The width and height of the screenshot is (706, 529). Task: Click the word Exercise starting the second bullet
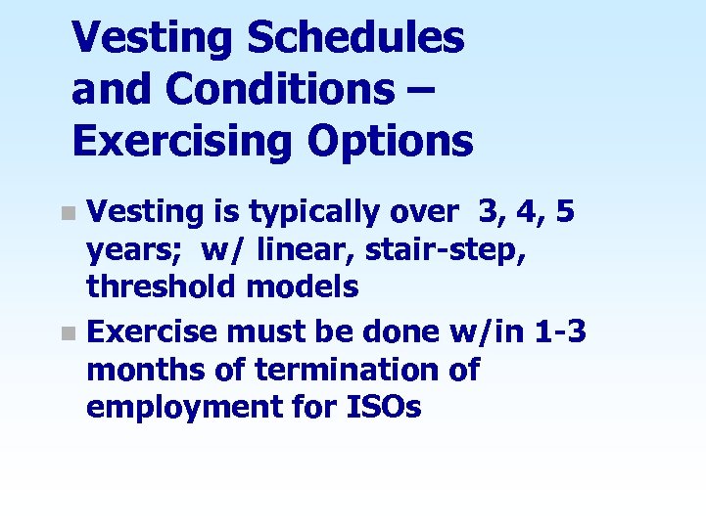(x=152, y=331)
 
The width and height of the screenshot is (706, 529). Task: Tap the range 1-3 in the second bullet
(x=560, y=331)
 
